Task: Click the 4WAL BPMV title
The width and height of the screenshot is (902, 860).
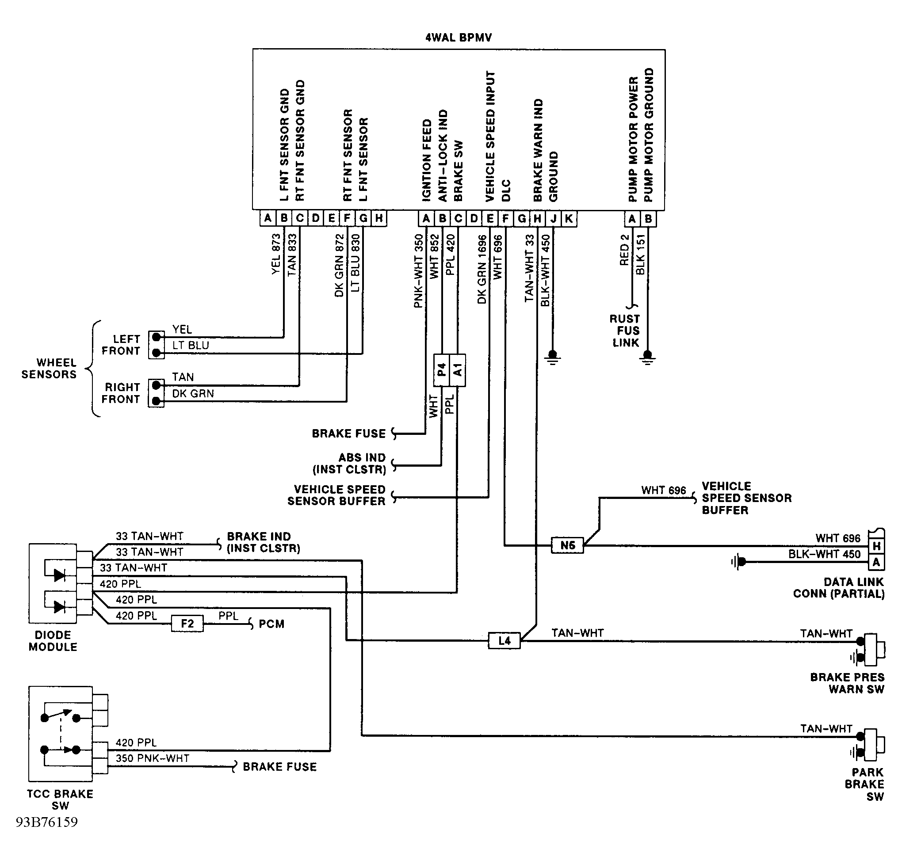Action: coord(458,38)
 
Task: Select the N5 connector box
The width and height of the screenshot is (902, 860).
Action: coord(567,545)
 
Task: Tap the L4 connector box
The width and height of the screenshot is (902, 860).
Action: coord(505,640)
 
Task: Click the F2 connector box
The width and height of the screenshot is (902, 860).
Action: coord(187,624)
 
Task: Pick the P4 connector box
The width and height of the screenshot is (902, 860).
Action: coord(441,370)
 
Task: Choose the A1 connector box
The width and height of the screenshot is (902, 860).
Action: coord(457,370)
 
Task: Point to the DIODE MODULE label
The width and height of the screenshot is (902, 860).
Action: coord(53,641)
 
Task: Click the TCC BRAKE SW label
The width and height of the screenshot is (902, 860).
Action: coord(60,800)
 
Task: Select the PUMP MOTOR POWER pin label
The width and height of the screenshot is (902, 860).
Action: coord(633,139)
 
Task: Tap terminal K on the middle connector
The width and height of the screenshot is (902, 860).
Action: coord(569,219)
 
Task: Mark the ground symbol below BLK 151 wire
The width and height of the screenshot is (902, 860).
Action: coord(647,358)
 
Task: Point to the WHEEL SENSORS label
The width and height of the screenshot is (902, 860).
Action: coord(49,369)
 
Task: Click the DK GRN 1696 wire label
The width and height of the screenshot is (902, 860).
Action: coord(482,269)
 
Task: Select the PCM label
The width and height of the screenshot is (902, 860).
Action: coord(271,624)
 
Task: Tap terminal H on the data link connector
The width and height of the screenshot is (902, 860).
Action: coord(876,545)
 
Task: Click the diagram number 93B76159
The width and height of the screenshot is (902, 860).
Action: coord(47,835)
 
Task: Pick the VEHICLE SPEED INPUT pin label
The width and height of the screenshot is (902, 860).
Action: coord(490,136)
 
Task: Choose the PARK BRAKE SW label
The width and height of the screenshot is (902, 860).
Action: coord(864,784)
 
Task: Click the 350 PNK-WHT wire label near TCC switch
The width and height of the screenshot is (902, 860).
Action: coord(152,758)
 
